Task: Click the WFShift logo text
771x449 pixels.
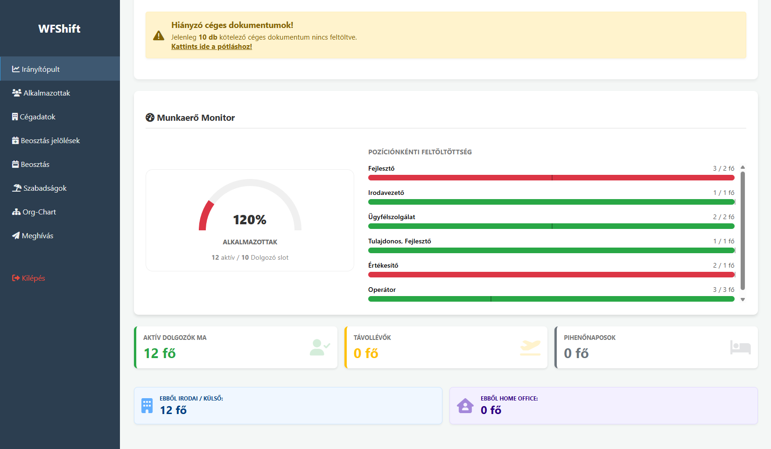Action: click(59, 29)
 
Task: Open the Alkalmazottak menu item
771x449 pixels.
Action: click(47, 93)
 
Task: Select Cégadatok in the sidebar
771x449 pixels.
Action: click(37, 117)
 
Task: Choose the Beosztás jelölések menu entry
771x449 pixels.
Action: click(50, 141)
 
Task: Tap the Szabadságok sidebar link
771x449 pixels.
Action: click(45, 188)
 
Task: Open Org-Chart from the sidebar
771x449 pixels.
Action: click(39, 212)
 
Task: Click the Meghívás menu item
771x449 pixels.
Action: click(37, 236)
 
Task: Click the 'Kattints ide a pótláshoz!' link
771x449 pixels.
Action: click(211, 47)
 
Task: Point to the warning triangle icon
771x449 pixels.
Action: click(159, 35)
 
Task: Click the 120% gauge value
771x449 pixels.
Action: click(250, 220)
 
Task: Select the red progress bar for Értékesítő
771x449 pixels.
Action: click(551, 275)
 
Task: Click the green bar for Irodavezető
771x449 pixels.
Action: click(551, 202)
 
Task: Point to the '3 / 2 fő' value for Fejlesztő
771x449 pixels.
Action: click(723, 168)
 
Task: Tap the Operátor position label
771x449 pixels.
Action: click(382, 290)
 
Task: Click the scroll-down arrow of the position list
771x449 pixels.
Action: click(743, 300)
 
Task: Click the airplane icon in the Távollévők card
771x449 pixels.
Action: click(530, 347)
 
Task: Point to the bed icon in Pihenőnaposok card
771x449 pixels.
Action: click(740, 347)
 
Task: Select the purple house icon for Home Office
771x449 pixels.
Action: click(465, 406)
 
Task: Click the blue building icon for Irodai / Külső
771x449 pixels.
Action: click(147, 406)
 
